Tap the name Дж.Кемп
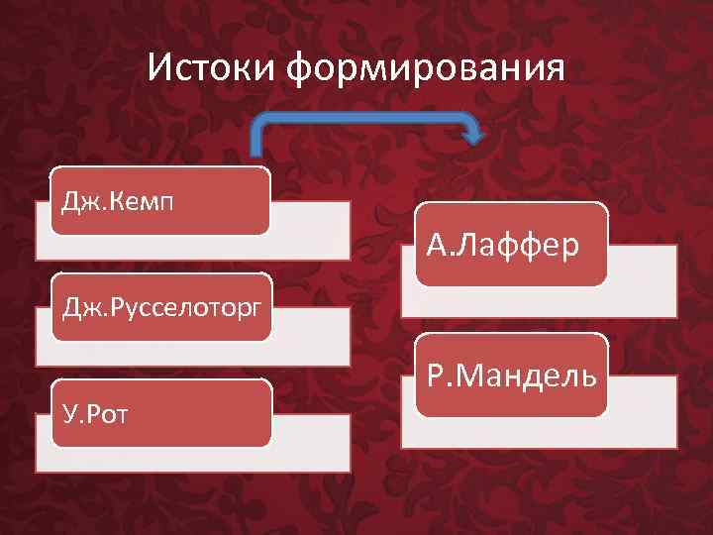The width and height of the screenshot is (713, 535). click(x=119, y=203)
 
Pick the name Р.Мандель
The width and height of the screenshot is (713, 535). click(x=511, y=375)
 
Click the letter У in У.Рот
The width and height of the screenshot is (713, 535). click(x=68, y=411)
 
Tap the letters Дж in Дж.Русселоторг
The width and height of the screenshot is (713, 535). click(x=75, y=308)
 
